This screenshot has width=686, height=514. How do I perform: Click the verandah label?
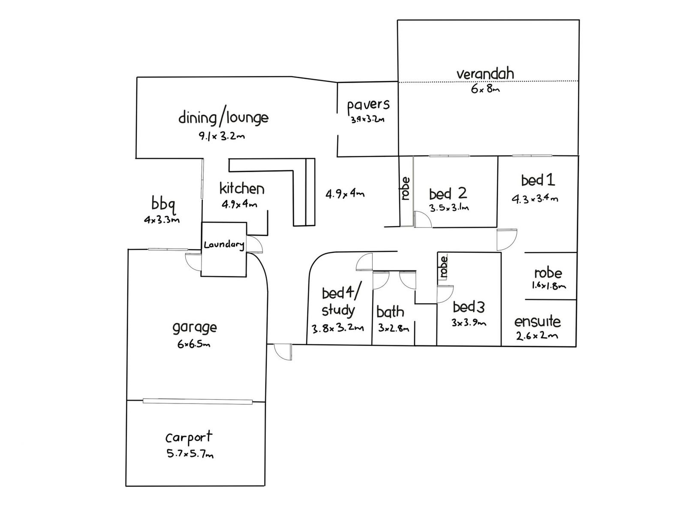pos(485,74)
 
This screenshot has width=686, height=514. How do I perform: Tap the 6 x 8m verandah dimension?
pos(485,89)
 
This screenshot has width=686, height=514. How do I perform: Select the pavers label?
pos(368,105)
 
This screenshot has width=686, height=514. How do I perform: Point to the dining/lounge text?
pos(223,118)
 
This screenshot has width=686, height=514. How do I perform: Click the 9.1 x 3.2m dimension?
pos(221,137)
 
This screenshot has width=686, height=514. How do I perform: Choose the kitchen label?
pos(242,188)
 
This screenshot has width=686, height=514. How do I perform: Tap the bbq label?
pos(163,203)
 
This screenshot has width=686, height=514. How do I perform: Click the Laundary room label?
pos(224,245)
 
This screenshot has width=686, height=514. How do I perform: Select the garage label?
pos(195,328)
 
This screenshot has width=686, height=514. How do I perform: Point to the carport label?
pos(189,437)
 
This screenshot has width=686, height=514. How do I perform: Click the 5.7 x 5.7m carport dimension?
pos(190,454)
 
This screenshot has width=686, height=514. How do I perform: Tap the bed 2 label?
pos(448,194)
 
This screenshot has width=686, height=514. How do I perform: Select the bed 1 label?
pos(538,180)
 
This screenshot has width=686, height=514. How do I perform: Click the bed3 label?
pos(469,307)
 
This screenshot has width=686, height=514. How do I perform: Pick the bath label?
pos(390,312)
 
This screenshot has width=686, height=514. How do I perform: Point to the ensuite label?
pos(537,321)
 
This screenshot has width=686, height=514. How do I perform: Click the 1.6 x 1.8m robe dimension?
pos(549,285)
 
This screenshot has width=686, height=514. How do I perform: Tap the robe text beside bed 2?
pos(406,188)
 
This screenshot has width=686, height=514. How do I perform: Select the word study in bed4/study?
pos(338,311)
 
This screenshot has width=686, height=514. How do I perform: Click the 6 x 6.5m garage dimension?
pos(194,344)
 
